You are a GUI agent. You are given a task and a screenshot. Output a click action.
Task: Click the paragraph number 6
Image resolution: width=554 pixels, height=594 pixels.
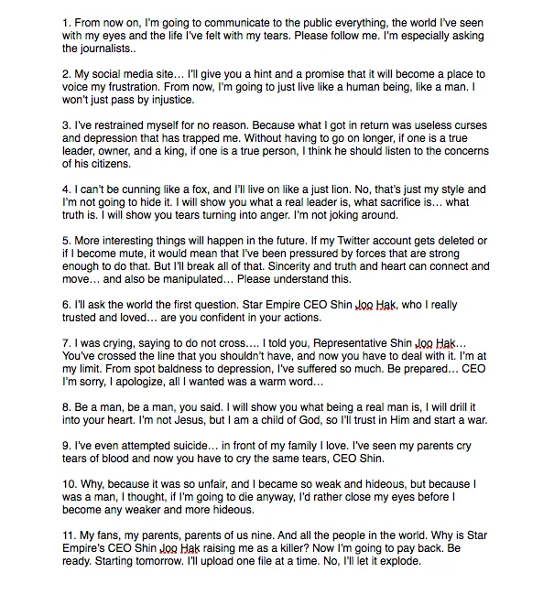(65, 305)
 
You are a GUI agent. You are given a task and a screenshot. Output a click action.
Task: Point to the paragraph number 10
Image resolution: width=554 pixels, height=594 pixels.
(70, 484)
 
